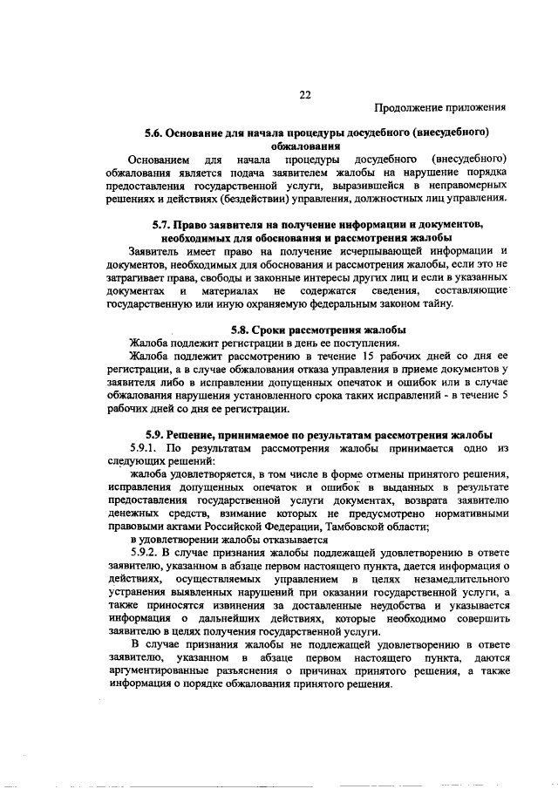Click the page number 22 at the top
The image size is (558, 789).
tap(305, 94)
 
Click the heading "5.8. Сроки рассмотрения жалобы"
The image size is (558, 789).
tap(319, 330)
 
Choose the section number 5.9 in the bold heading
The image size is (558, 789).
tap(157, 434)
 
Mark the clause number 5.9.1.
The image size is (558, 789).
tap(142, 447)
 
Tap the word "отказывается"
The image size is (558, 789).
tap(267, 539)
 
